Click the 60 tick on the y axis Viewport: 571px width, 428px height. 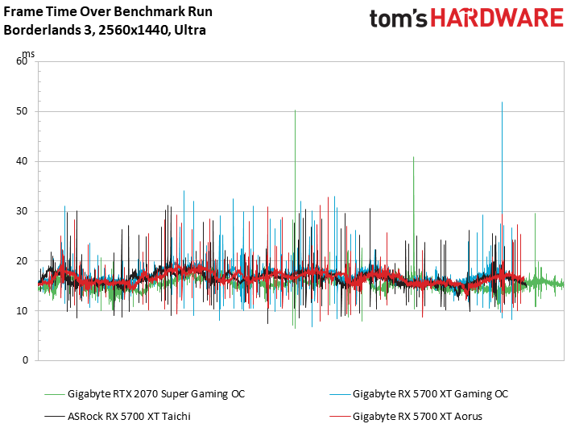(x=22, y=61)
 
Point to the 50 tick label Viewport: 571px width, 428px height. (x=22, y=111)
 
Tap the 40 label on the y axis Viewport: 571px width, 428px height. (x=22, y=161)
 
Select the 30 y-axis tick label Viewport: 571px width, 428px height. (x=22, y=211)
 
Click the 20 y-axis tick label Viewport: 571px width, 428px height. (x=22, y=261)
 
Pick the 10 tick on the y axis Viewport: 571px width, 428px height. (x=22, y=311)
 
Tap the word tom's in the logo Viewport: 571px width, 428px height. (x=397, y=19)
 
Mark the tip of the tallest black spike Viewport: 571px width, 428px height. (x=502, y=102)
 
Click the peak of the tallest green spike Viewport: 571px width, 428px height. (x=295, y=110)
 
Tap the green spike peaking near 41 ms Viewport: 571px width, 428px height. (x=414, y=157)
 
